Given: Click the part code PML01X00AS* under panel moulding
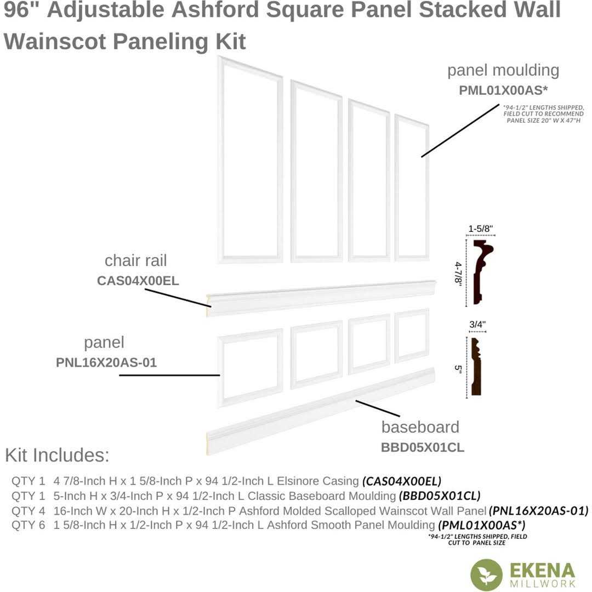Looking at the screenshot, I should [504, 90].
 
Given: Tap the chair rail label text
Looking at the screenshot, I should [135, 260].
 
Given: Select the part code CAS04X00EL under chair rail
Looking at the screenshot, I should [138, 281].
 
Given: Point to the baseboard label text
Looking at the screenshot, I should [420, 427].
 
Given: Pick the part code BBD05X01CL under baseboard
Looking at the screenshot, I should [422, 447].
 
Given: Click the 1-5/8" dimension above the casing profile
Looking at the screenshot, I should [481, 229].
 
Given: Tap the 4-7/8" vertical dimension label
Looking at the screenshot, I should [457, 272].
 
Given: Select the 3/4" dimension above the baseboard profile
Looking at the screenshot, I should [478, 325].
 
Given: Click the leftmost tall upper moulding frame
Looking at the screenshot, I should [251, 160].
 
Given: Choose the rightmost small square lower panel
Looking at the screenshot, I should [412, 335].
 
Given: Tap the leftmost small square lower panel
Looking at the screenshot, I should [251, 367].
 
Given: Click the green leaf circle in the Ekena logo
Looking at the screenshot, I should [486, 574].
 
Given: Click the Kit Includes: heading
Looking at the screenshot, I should [57, 455].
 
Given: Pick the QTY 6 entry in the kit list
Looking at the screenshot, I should [28, 525].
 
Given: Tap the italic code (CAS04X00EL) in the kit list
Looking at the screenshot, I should [402, 481].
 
